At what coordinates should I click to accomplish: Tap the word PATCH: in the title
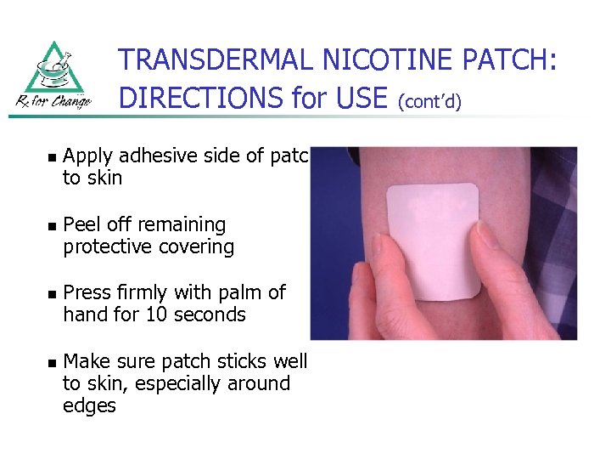515,59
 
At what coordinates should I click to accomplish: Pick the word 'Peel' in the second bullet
81,224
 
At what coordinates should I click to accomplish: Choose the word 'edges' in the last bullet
89,405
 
